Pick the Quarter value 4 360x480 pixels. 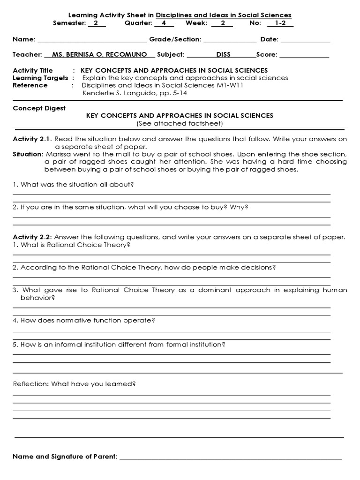point(164,22)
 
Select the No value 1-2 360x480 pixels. point(280,22)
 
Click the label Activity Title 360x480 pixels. point(33,70)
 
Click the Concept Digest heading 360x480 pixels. point(39,108)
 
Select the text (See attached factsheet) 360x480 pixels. point(180,123)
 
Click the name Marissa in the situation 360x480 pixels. point(58,154)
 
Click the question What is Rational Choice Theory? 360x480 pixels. point(71,245)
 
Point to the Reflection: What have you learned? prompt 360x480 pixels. point(74,384)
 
